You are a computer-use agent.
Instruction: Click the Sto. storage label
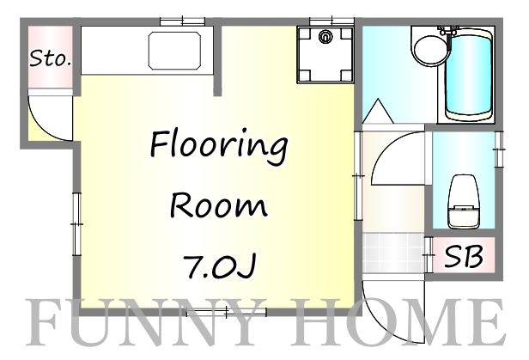(x=51, y=58)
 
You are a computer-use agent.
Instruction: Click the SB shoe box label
(x=465, y=256)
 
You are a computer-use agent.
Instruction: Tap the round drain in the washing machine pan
(x=325, y=37)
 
